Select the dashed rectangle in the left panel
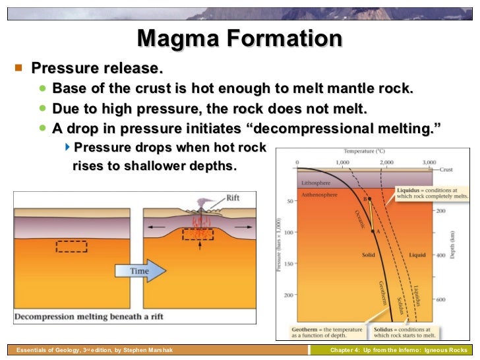click(x=71, y=246)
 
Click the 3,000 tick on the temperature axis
click(x=429, y=162)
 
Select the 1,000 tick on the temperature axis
click(x=342, y=162)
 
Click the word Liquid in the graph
click(x=417, y=254)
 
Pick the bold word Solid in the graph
click(x=369, y=254)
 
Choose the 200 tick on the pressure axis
click(x=288, y=295)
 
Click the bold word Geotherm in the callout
click(x=305, y=329)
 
